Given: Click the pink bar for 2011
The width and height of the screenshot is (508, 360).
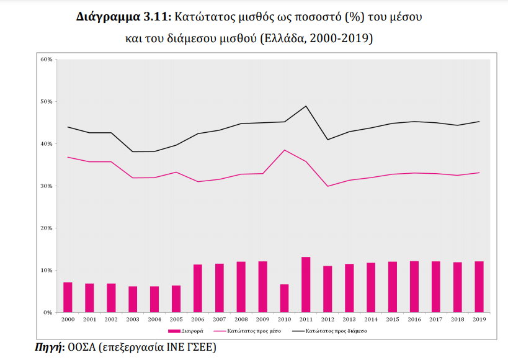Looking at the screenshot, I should tap(306, 285).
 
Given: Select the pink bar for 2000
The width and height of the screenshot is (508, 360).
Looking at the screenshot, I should tap(68, 297).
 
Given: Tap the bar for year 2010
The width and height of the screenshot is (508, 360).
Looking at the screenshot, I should tap(284, 299).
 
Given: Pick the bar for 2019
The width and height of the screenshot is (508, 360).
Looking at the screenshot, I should tap(479, 287).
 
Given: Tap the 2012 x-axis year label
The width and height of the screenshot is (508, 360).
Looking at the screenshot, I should tap(328, 319).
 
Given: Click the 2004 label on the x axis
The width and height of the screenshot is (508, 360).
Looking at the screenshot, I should tap(154, 319).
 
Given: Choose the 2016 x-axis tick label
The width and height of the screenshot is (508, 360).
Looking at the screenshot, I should tap(414, 319).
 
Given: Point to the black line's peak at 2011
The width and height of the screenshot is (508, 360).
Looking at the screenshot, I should tap(306, 106).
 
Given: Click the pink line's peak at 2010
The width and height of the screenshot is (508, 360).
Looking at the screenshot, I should tap(284, 150).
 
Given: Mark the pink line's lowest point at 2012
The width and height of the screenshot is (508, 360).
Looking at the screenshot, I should tap(328, 186).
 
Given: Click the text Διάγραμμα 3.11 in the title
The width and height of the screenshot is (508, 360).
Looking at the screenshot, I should tap(115, 17).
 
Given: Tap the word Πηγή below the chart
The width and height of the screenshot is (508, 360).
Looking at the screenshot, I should tap(47, 348).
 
